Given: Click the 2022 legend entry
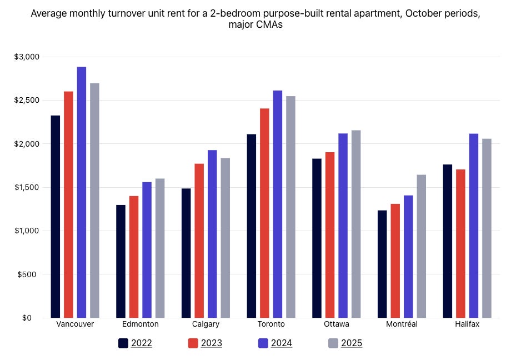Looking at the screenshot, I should coord(135,343).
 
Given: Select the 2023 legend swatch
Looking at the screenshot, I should coord(193,343).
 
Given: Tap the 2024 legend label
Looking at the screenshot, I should coord(282,343).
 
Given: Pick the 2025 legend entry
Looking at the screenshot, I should coord(345,343).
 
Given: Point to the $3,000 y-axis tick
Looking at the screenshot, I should coord(26,57).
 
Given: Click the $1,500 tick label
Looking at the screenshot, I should coord(26,187).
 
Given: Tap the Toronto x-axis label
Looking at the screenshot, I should coord(271,324).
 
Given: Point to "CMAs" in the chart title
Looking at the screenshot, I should coord(269,25).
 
